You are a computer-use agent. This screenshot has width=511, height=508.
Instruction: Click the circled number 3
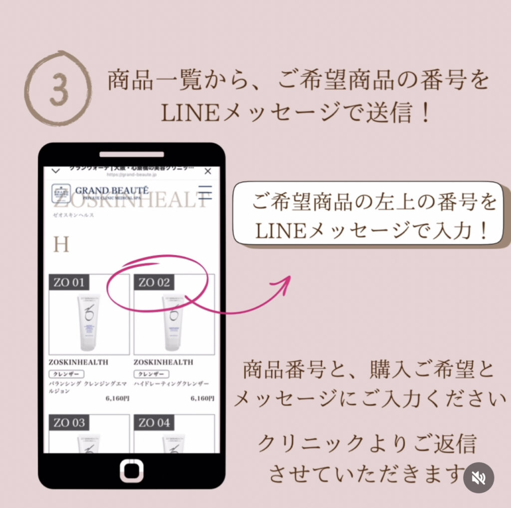pyautogui.click(x=59, y=88)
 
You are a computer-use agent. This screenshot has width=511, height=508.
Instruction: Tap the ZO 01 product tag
pyautogui.click(x=69, y=282)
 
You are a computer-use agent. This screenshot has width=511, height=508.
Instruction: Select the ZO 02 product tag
pyautogui.click(x=154, y=282)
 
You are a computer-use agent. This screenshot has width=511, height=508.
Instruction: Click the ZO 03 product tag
pyautogui.click(x=69, y=423)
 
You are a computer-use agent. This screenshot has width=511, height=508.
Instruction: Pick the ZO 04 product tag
pyautogui.click(x=154, y=423)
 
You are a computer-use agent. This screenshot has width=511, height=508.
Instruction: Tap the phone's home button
pyautogui.click(x=132, y=471)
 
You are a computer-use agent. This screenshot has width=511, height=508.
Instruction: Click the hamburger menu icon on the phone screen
pyautogui.click(x=205, y=192)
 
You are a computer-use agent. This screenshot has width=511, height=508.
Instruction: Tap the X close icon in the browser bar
pyautogui.click(x=208, y=171)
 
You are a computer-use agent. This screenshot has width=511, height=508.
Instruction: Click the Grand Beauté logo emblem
pyautogui.click(x=61, y=193)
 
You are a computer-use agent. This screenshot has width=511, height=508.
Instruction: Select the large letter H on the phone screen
pyautogui.click(x=61, y=245)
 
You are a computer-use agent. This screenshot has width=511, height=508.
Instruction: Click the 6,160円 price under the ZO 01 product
pyautogui.click(x=118, y=399)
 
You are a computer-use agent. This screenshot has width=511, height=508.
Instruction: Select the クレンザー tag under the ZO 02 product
pyautogui.click(x=151, y=374)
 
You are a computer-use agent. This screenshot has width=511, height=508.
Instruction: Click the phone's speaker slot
pyautogui.click(x=132, y=154)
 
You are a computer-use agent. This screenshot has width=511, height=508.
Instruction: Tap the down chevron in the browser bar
pyautogui.click(x=56, y=171)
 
